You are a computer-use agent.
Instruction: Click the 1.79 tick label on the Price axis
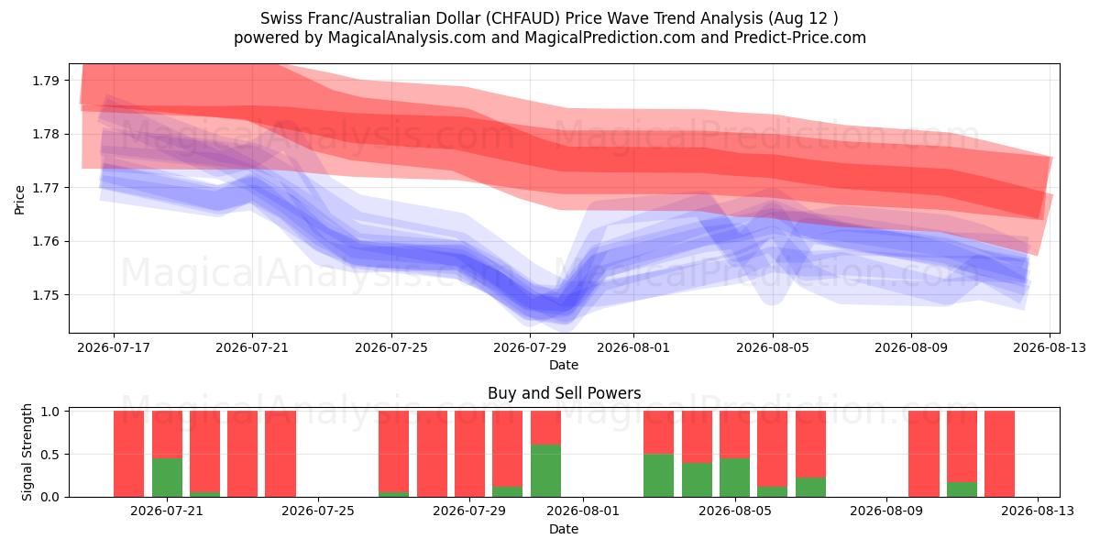point(45,81)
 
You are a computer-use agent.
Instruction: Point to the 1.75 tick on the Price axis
point(45,295)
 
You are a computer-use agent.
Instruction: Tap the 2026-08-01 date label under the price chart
point(633,347)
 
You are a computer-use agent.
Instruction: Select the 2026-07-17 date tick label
point(114,347)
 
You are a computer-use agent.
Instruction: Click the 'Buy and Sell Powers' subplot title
point(565,393)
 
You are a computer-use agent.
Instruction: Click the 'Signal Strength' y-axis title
point(27,452)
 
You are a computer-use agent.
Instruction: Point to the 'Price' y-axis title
point(19,200)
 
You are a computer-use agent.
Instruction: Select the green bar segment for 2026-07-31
point(545,471)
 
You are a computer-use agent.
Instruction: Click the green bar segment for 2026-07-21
point(167,478)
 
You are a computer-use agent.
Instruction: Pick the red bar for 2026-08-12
point(999,454)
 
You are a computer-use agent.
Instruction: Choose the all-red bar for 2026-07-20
point(128,454)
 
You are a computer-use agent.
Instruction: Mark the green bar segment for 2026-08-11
point(962,489)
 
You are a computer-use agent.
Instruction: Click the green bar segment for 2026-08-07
point(810,487)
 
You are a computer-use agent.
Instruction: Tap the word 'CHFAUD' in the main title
point(523,18)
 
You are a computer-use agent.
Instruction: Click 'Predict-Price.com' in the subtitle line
point(800,38)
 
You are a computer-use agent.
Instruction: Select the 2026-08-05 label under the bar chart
point(734,511)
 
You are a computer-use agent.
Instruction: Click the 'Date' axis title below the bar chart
point(564,529)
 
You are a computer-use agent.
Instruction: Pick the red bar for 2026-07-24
point(280,454)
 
